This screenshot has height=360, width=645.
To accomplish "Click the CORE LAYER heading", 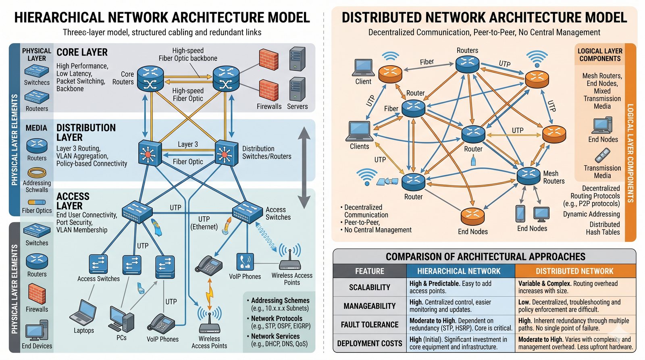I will [82, 52].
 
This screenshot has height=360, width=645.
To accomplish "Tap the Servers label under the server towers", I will [297, 106].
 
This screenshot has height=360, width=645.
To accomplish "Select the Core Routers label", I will [123, 78].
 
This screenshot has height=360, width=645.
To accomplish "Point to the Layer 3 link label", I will [188, 144].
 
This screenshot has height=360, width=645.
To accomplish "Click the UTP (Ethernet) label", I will [204, 223].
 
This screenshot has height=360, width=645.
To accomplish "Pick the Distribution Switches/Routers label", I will [266, 152].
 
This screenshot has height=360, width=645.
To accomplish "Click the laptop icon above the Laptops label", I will [83, 313].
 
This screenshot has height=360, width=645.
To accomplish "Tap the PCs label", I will [121, 337].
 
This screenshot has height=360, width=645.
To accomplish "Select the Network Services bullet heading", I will [275, 336].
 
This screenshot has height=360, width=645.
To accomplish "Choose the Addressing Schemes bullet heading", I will [280, 300].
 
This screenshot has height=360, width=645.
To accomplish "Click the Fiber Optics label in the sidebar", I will [37, 210].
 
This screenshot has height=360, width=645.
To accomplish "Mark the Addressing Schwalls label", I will [37, 186].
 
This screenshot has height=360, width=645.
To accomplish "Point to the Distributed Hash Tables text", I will [603, 228].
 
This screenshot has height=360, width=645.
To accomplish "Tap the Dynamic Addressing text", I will [591, 214].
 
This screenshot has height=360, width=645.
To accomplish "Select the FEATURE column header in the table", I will [369, 271].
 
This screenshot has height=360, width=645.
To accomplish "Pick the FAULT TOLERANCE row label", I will [369, 325].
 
